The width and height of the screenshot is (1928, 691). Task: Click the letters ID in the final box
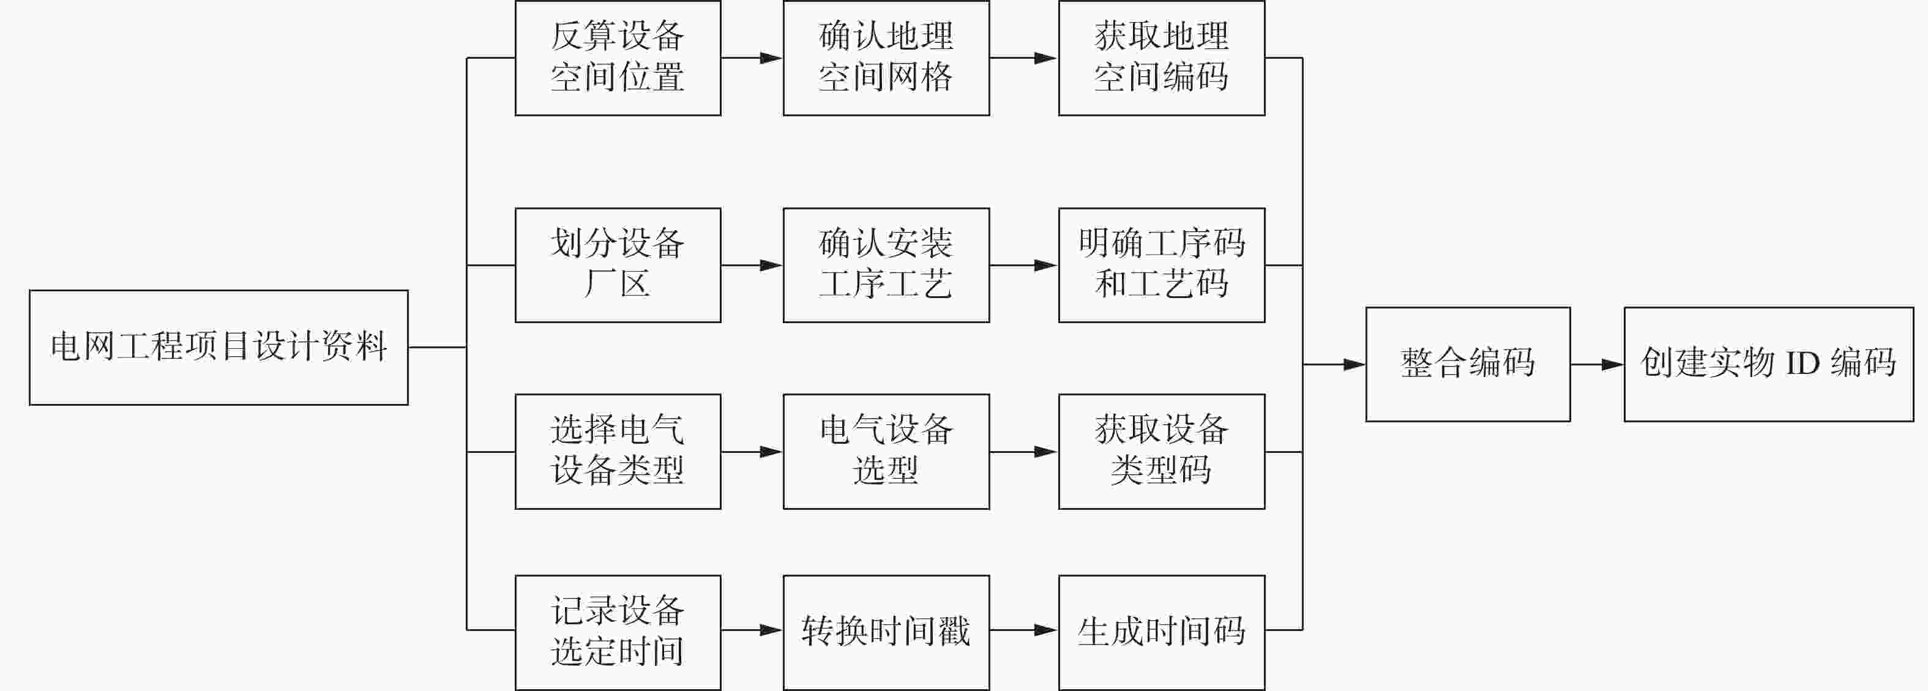pyautogui.click(x=1803, y=364)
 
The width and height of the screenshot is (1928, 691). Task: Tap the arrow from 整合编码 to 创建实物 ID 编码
pyautogui.click(x=1597, y=365)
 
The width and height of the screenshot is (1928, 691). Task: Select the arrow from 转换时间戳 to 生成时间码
pyautogui.click(x=1024, y=630)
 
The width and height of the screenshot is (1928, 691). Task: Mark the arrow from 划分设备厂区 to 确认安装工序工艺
pyautogui.click(x=752, y=265)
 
